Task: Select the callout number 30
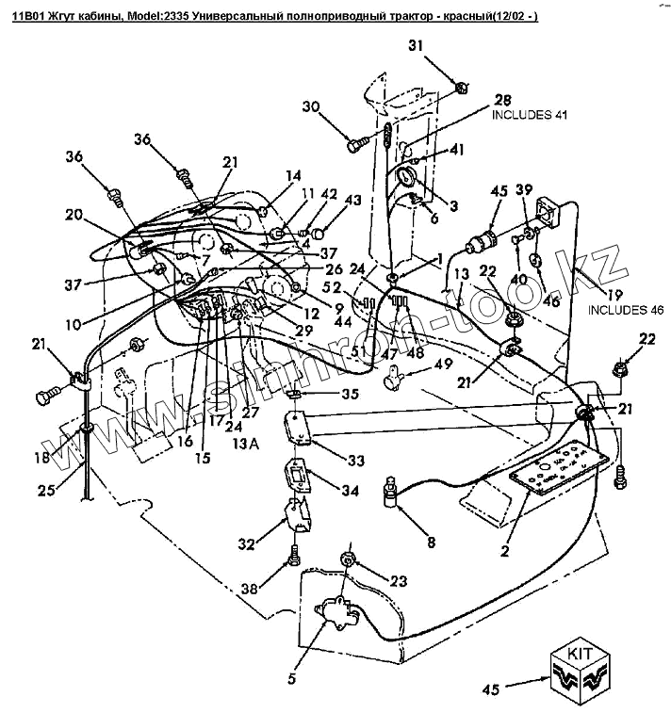pos(312,106)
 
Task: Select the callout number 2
pos(505,551)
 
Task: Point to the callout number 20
pos(73,214)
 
